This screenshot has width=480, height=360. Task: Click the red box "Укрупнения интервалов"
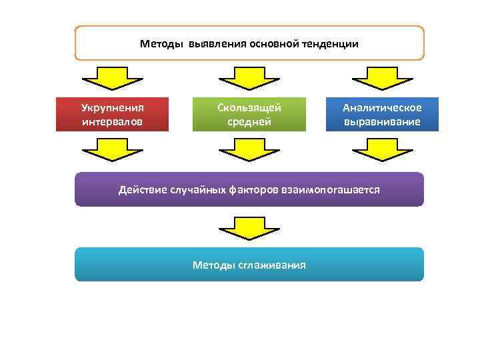(x=112, y=114)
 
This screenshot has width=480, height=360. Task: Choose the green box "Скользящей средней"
(x=249, y=114)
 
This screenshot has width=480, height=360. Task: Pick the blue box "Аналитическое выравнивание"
(x=382, y=114)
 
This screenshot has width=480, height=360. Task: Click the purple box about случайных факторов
(x=249, y=189)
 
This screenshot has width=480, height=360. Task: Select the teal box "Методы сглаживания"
(x=249, y=265)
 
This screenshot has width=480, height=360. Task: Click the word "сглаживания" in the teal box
(x=275, y=265)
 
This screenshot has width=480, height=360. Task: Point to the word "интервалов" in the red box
(x=112, y=122)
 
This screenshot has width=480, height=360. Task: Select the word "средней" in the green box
(x=249, y=122)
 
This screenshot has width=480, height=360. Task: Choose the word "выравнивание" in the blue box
(x=382, y=122)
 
